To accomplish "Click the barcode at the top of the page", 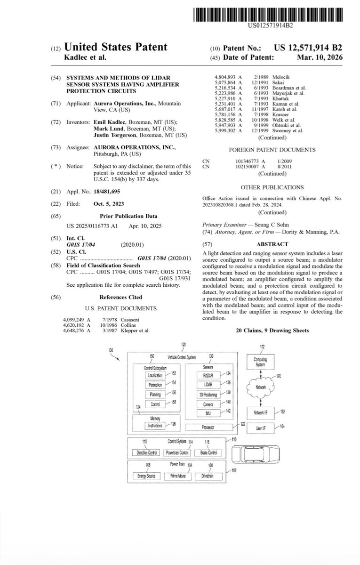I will (269, 14).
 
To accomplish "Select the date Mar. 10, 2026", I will (323, 57).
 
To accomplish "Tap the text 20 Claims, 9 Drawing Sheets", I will (272, 331).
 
